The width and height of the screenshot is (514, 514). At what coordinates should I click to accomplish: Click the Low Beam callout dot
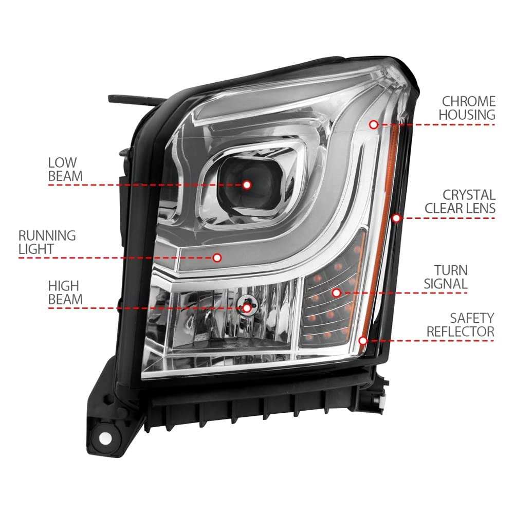pyautogui.click(x=247, y=185)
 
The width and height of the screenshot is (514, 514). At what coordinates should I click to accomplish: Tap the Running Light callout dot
pyautogui.click(x=217, y=258)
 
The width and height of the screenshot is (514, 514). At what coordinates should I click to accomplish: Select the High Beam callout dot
pyautogui.click(x=247, y=308)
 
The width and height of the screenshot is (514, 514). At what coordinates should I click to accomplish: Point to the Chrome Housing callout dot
pyautogui.click(x=374, y=124)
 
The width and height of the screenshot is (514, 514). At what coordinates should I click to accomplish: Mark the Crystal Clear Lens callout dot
pyautogui.click(x=396, y=218)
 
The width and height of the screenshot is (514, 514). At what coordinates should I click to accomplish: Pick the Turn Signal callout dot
pyautogui.click(x=337, y=293)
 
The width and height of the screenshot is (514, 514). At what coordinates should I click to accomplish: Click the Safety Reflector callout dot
pyautogui.click(x=363, y=341)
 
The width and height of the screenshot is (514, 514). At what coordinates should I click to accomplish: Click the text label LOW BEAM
pyautogui.click(x=65, y=169)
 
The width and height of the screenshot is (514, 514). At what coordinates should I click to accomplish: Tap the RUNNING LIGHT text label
pyautogui.click(x=47, y=242)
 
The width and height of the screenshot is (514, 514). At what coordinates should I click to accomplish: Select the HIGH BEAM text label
pyautogui.click(x=65, y=293)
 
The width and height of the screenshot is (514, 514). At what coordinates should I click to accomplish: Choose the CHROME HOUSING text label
pyautogui.click(x=467, y=108)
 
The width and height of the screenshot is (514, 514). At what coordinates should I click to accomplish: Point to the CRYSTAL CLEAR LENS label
pyautogui.click(x=460, y=201)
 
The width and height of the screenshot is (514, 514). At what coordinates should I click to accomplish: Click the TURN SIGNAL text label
pyautogui.click(x=446, y=277)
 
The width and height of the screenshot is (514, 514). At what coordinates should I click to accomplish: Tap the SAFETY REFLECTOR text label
pyautogui.click(x=460, y=324)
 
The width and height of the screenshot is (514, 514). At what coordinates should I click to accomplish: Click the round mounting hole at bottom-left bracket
pyautogui.click(x=105, y=438)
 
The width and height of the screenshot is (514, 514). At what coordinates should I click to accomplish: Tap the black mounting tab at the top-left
pyautogui.click(x=134, y=100)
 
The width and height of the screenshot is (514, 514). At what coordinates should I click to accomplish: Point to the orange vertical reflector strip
pyautogui.click(x=381, y=235)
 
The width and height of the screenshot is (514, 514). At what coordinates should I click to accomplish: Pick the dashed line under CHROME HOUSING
pyautogui.click(x=436, y=125)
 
